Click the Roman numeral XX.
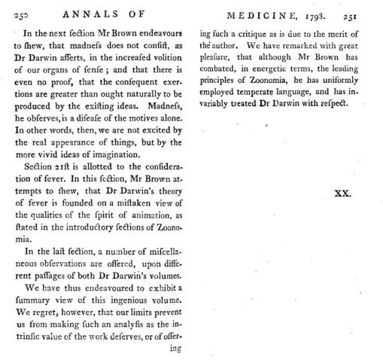point(343,194)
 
